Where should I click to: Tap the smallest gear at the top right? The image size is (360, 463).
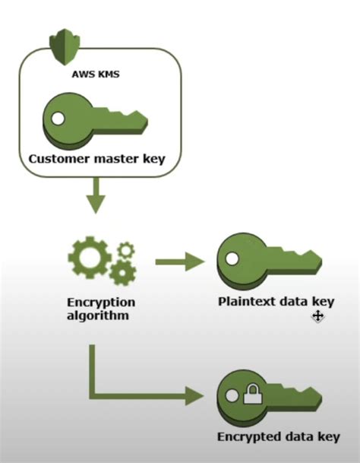click(125, 249)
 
